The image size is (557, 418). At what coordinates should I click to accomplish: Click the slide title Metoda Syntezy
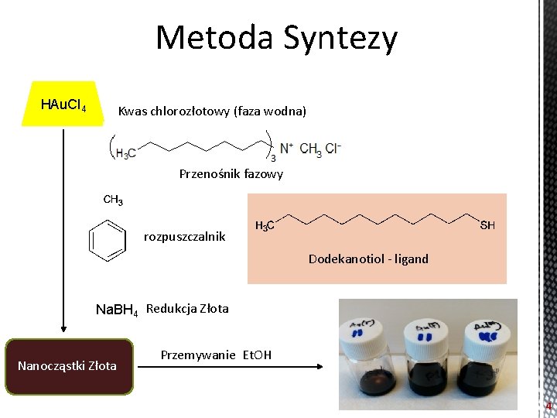point(277,37)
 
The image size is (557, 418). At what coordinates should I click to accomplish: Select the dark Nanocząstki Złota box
point(67,366)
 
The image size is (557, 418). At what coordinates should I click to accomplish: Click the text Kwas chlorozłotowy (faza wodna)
point(212,111)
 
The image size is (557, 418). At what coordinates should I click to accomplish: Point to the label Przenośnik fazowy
point(231,174)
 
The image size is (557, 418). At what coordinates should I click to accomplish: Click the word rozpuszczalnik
point(184,236)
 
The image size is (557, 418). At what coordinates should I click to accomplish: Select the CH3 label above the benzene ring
point(113,200)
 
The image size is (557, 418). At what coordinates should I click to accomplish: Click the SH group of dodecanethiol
point(487,225)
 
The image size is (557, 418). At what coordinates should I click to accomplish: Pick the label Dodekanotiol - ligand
point(368,259)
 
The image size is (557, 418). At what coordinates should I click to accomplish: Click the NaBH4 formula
point(116,310)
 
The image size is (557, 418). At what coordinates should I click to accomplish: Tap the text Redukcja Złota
point(187,309)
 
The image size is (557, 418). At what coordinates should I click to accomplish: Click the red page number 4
point(548,406)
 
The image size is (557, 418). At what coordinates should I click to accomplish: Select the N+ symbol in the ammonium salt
point(286,147)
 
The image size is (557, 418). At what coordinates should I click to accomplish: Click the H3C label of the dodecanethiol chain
point(265,226)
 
